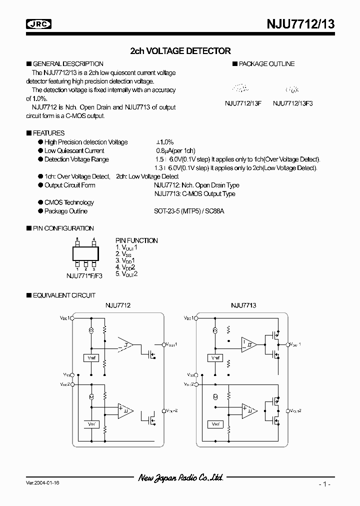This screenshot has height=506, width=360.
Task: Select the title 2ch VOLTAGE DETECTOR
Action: point(180,51)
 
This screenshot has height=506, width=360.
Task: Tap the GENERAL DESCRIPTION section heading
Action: point(67,64)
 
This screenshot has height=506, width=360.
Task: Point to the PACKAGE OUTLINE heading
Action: point(266,64)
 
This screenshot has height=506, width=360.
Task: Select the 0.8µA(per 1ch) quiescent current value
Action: point(175,151)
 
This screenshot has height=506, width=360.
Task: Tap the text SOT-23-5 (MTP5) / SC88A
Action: point(189,211)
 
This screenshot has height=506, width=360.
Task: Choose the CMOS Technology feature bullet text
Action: point(69,202)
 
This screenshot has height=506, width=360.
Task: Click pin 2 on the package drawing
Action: point(86,264)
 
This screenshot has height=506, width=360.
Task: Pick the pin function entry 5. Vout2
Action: point(126,274)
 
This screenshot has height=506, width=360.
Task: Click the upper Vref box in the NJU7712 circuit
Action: point(91,358)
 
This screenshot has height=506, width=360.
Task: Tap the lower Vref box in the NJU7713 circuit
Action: point(216,424)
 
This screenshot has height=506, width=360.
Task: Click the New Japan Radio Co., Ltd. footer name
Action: point(180,478)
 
